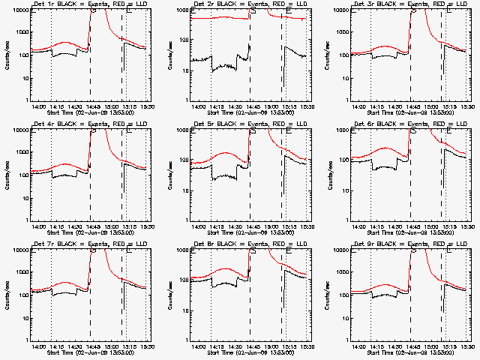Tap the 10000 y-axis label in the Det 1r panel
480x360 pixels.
[x=18, y=10]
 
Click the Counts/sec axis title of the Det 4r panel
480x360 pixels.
[x=7, y=175]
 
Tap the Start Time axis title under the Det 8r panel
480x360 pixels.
[x=244, y=353]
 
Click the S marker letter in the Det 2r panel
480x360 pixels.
[x=253, y=10]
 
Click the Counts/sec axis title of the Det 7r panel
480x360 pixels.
[x=7, y=295]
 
